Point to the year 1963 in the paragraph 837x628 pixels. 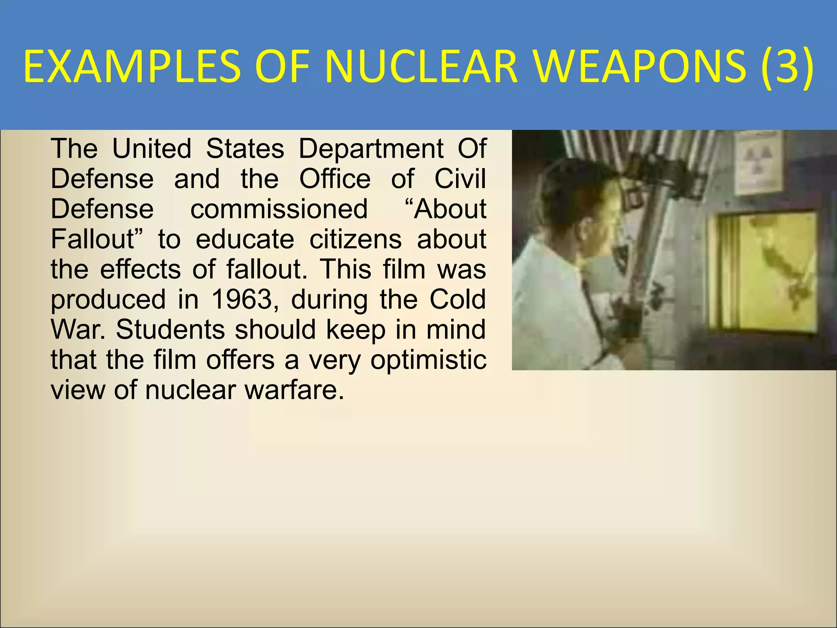pos(242,300)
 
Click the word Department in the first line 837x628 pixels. pos(371,148)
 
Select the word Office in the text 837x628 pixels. pos(335,179)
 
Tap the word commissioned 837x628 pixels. pos(279,209)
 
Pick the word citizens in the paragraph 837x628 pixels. pos(355,239)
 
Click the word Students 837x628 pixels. pos(170,330)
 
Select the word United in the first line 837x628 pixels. pos(152,148)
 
